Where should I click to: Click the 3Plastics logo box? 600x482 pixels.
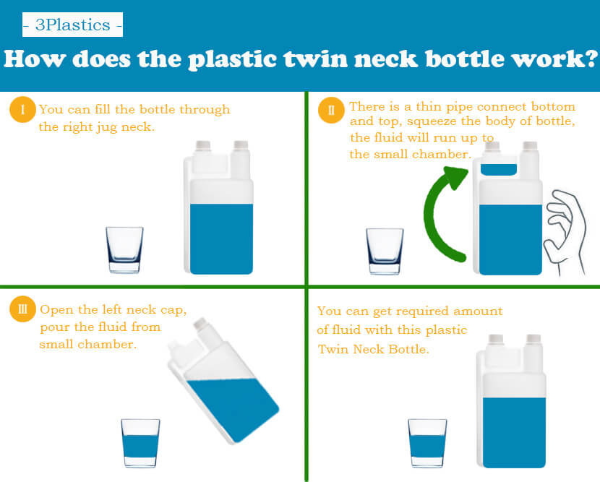[x=72, y=25]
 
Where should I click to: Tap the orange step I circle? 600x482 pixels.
[x=22, y=109]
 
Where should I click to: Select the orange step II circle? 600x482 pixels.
[x=331, y=110]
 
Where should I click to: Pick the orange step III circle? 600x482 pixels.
[x=22, y=309]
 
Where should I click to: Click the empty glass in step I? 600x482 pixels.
[x=124, y=250]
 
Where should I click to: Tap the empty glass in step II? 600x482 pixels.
[x=385, y=251]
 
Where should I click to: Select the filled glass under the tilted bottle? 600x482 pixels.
[x=140, y=443]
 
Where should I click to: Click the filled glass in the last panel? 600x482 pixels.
[x=427, y=443]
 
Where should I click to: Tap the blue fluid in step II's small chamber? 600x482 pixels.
[x=499, y=170]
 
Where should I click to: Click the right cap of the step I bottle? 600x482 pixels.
[x=241, y=145]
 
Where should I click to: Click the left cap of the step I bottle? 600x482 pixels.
[x=203, y=145]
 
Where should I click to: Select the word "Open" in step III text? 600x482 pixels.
[x=57, y=310]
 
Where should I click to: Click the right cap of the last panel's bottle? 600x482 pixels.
[x=533, y=339]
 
